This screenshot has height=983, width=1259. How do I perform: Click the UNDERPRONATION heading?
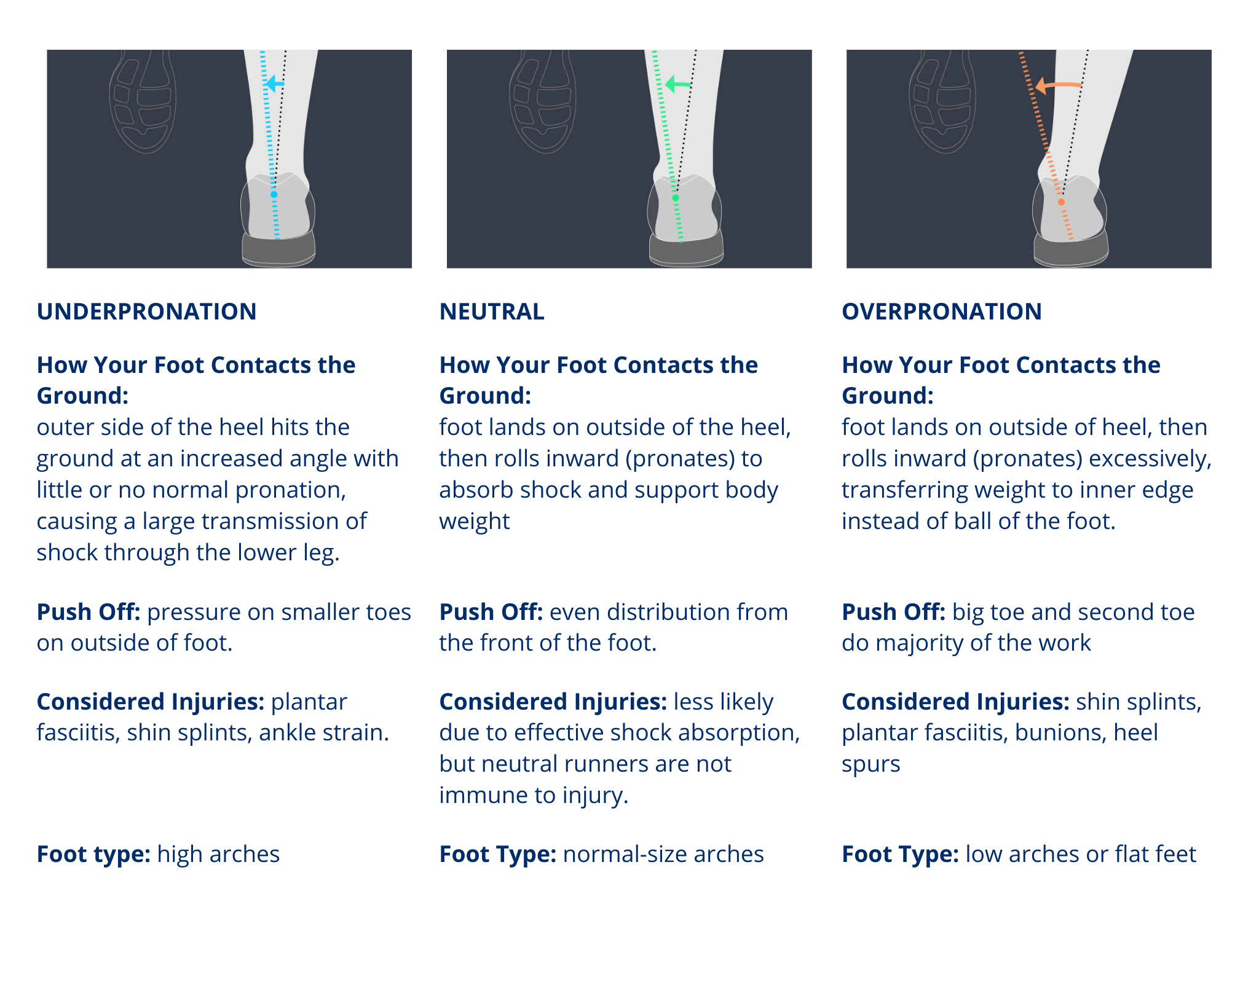[146, 311]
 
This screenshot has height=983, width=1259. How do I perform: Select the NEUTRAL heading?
[492, 311]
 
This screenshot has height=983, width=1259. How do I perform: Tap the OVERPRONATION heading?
[941, 311]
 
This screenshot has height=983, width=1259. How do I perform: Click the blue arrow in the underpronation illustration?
[274, 84]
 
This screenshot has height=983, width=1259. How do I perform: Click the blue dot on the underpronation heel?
[274, 194]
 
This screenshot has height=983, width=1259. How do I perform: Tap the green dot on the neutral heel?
[676, 198]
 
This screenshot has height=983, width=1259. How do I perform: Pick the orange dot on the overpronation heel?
[1061, 202]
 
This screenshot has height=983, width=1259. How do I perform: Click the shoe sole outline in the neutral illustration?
[543, 101]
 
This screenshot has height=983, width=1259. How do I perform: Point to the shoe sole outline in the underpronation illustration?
[143, 101]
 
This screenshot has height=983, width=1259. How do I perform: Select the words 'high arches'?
[218, 855]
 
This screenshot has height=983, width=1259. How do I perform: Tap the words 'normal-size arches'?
[663, 855]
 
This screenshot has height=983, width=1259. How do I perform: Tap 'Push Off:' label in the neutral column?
[491, 613]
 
